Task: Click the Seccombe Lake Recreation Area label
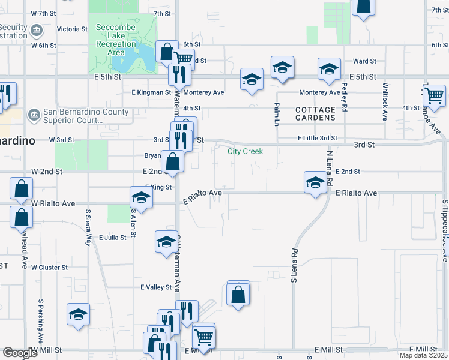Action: tap(116, 36)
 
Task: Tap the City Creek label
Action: tap(245, 151)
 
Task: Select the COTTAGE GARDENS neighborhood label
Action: tap(315, 114)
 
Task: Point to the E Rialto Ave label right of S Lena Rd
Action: tap(356, 193)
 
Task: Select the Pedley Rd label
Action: tap(345, 96)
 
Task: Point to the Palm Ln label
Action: tap(277, 113)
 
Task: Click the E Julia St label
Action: tap(113, 238)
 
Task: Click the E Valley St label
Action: tap(156, 287)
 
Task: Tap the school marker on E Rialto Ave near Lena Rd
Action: tap(315, 182)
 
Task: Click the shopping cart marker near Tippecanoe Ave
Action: tap(434, 95)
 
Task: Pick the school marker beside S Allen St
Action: tap(140, 197)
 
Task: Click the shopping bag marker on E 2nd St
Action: tap(173, 161)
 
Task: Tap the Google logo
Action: tap(20, 353)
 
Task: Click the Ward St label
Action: tap(364, 61)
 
